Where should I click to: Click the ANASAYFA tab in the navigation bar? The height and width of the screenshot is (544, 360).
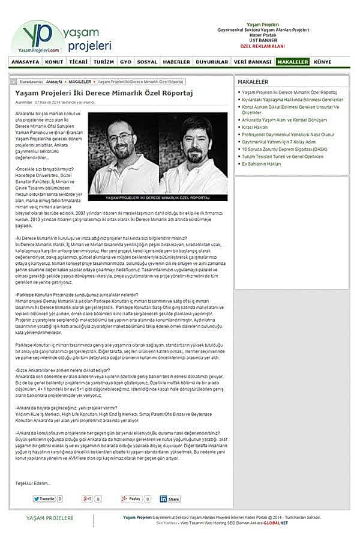pos(25,62)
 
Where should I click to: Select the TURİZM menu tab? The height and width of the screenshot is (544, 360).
pos(104,62)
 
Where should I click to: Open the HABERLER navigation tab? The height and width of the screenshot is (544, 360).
pos(176,62)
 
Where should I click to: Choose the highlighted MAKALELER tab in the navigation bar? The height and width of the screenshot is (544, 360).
pos(292,62)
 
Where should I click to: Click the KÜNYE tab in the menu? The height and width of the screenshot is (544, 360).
pos(323,62)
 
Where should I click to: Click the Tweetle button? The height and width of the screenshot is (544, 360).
pos(44,499)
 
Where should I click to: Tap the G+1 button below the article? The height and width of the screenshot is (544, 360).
pos(88,499)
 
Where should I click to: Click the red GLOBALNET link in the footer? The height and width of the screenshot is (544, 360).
pos(276,523)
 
